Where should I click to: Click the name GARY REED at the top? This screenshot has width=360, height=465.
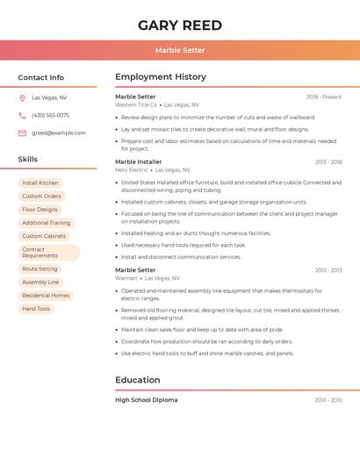(x=180, y=25)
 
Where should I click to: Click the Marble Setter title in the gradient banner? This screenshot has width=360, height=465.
(x=180, y=50)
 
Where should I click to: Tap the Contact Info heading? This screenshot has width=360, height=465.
(x=40, y=77)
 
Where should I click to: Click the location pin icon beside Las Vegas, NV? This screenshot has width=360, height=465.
(x=22, y=97)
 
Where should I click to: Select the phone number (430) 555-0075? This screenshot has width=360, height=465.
(x=50, y=115)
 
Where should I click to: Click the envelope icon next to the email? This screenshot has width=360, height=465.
(x=22, y=132)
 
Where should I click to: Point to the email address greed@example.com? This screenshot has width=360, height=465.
(x=59, y=132)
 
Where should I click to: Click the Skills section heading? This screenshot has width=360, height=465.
(x=28, y=159)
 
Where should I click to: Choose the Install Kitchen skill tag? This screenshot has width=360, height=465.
(x=40, y=182)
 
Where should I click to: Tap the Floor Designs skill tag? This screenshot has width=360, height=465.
(x=40, y=210)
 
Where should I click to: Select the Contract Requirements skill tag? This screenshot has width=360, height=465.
(x=48, y=253)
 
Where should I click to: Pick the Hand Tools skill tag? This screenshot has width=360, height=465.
(x=36, y=309)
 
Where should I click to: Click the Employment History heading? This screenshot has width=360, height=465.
(x=161, y=77)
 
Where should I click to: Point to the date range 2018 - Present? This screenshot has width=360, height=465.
(x=324, y=97)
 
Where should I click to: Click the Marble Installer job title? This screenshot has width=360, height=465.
(x=139, y=161)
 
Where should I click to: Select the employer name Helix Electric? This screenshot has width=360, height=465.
(x=132, y=169)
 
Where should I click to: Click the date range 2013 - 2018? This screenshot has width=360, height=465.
(x=328, y=161)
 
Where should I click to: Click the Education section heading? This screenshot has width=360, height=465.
(x=138, y=380)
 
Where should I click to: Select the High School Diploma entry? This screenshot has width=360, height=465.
(x=147, y=400)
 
